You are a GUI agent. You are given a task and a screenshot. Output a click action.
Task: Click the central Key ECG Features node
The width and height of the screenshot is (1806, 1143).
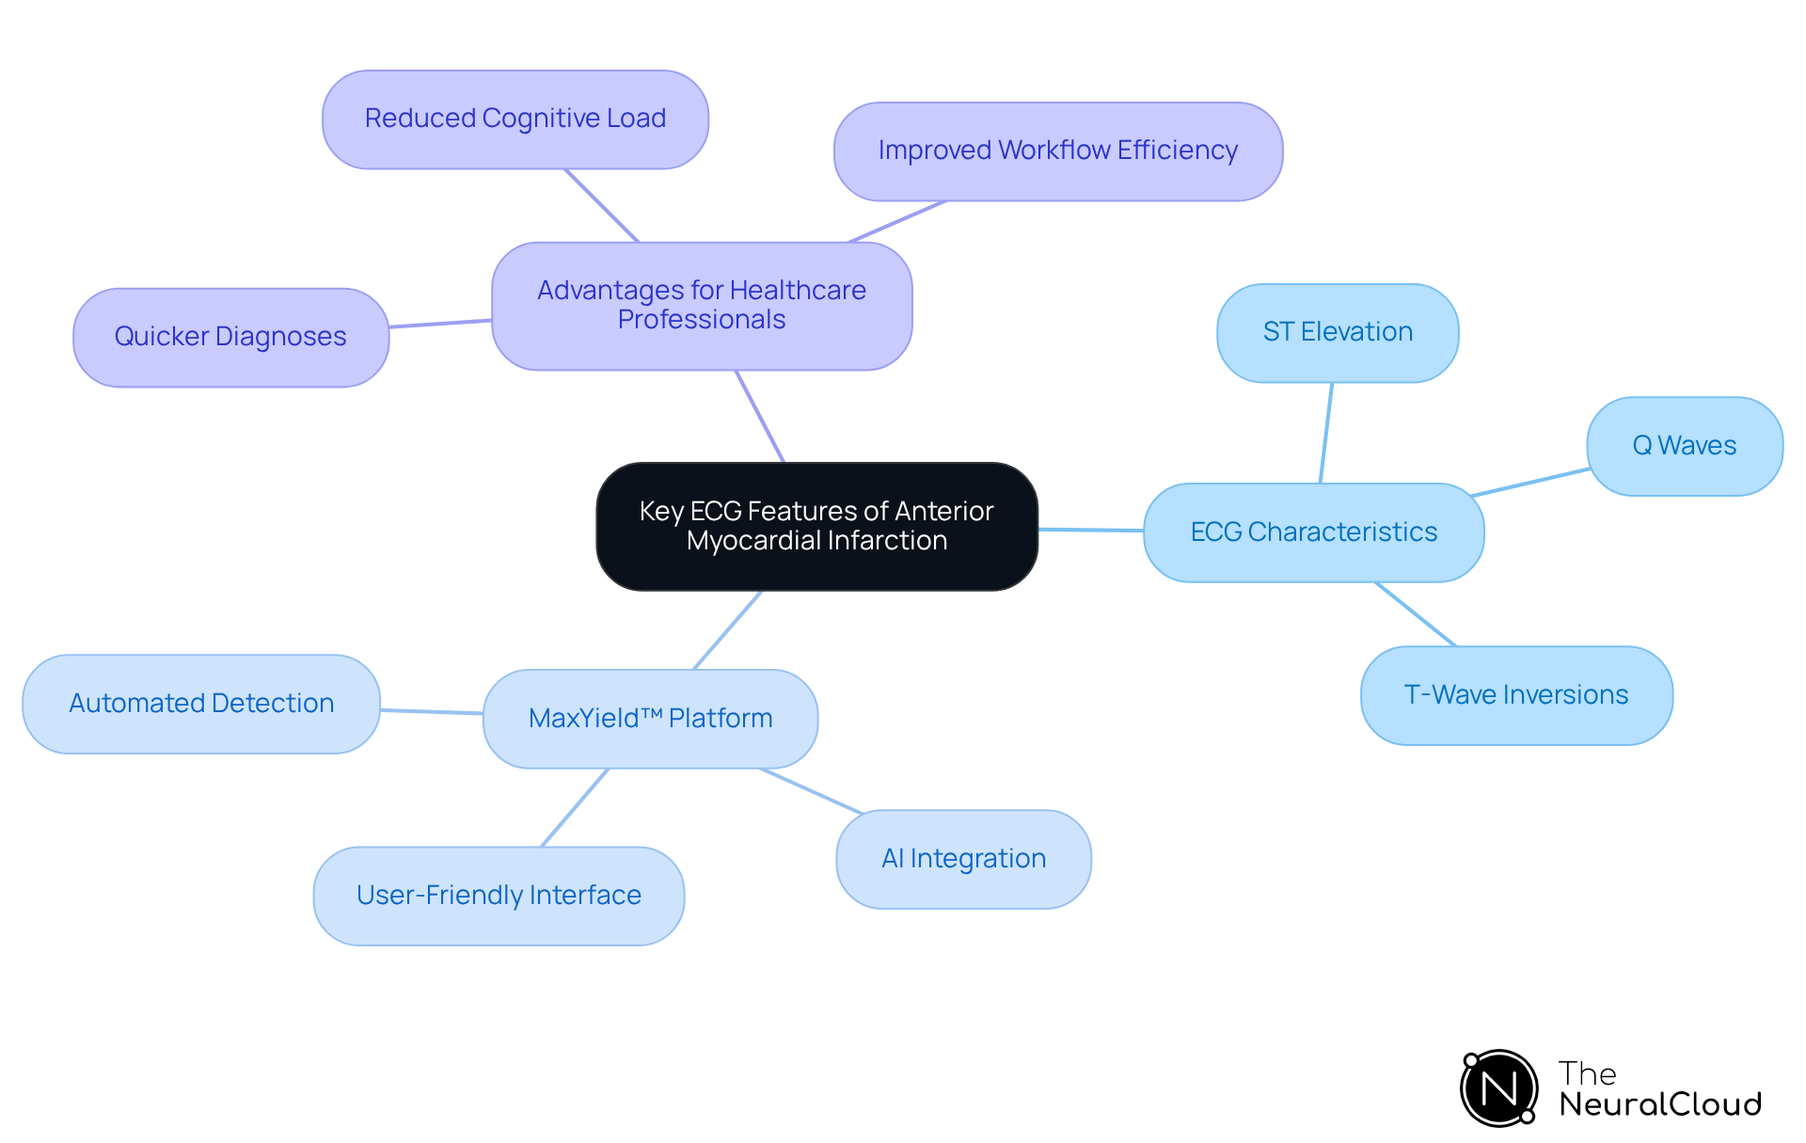click(816, 526)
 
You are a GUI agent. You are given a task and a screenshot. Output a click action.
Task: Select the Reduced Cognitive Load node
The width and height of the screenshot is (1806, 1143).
click(515, 119)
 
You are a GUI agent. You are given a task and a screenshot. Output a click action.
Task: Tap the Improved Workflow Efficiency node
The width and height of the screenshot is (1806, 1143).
click(1057, 151)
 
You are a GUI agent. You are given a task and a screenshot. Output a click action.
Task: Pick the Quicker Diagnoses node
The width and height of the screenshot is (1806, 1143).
click(230, 337)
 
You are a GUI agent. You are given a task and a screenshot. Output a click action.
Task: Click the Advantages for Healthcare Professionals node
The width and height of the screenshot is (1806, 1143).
click(702, 306)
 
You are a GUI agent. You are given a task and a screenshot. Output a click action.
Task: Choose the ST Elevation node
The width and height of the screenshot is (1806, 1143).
click(1337, 332)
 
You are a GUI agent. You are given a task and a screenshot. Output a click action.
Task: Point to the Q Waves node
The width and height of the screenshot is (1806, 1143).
click(1684, 446)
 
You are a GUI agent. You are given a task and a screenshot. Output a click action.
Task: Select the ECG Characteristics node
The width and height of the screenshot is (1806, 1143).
click(1313, 532)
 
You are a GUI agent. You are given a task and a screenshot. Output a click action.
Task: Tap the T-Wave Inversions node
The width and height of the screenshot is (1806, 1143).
click(1515, 695)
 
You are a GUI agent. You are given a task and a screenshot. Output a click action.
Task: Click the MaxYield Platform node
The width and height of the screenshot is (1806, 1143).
click(650, 719)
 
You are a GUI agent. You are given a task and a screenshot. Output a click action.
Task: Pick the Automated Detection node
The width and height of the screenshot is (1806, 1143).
click(201, 704)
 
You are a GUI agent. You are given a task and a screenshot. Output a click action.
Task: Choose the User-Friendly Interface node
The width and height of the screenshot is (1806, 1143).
click(499, 896)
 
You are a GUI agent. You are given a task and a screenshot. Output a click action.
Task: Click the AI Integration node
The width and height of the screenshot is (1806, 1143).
click(963, 859)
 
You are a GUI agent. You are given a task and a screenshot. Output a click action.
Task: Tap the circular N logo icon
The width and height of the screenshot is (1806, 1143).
click(1498, 1088)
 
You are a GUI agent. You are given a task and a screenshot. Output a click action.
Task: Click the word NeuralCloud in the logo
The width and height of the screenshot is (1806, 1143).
click(1659, 1104)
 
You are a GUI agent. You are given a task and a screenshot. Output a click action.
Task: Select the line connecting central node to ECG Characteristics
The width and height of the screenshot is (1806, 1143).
click(1091, 531)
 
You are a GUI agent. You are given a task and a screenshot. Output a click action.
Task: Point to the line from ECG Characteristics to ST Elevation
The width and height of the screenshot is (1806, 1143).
click(1326, 433)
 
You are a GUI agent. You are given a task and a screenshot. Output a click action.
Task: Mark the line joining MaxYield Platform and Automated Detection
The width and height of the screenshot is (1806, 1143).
click(432, 712)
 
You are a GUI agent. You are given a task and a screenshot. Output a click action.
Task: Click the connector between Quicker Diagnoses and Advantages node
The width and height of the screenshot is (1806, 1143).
click(440, 324)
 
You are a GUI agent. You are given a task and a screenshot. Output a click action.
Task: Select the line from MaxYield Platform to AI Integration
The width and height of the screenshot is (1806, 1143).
click(811, 791)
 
